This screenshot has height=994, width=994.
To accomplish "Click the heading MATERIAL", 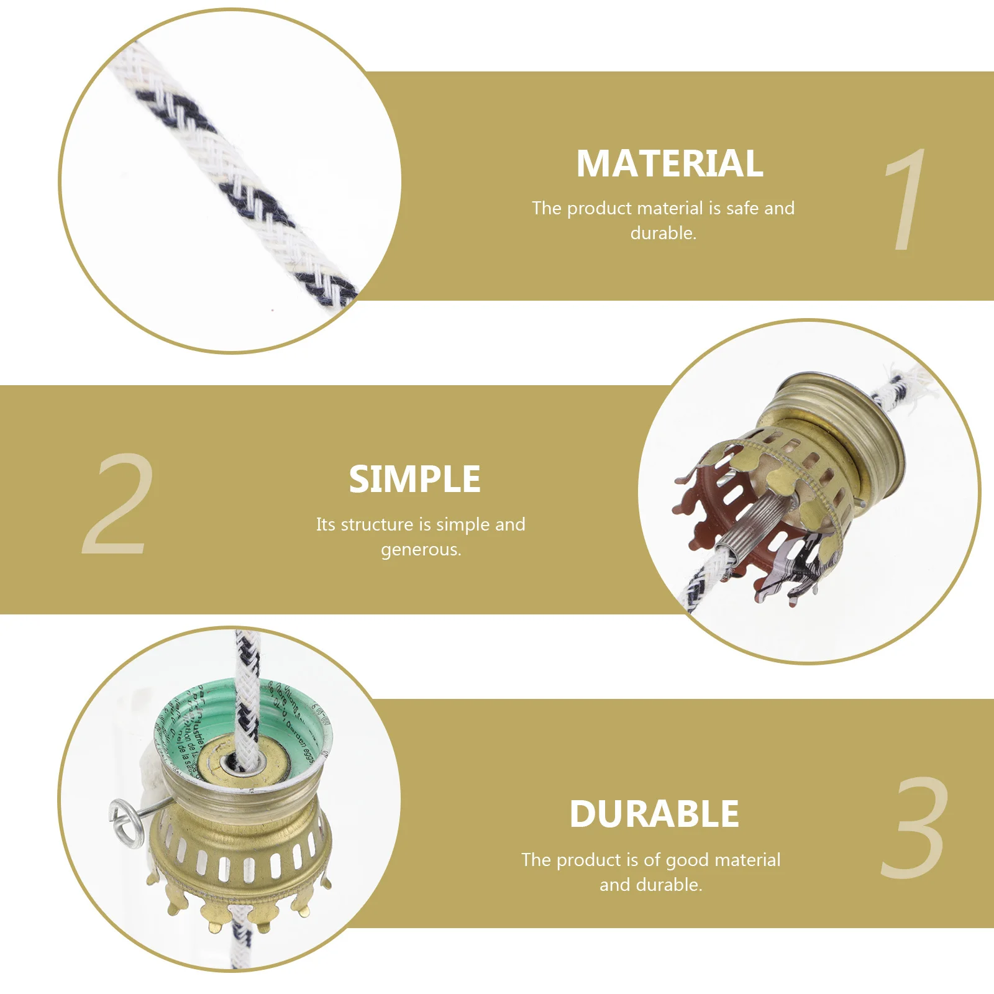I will pos(669,163).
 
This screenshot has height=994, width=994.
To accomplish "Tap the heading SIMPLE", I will pos(414,480).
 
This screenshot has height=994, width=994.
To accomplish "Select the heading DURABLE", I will pos(654,814).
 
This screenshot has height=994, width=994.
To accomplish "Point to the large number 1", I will pos(905,200).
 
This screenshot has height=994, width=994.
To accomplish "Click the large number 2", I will pos(118,504).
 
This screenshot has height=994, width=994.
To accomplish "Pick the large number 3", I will pos(915,828).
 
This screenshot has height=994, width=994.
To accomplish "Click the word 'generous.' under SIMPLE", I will pos(421,550).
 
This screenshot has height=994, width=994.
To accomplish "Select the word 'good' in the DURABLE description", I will pos(688,860).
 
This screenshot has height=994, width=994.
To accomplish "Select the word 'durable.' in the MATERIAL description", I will pos(663,234).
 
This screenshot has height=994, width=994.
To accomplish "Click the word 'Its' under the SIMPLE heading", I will pos(325,525).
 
